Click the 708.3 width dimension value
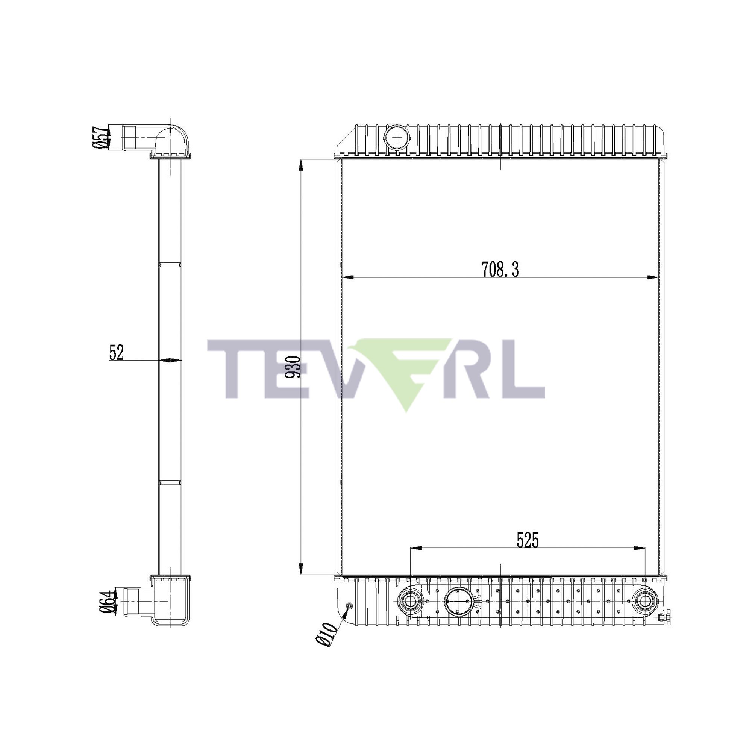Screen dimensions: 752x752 (x=500, y=269)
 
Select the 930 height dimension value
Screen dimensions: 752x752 (x=293, y=367)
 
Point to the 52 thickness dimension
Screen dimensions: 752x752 (x=117, y=353)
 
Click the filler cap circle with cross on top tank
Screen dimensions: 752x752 (x=397, y=137)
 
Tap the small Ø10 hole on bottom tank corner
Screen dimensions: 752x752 (x=349, y=606)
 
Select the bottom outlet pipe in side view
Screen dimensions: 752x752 (x=136, y=602)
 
